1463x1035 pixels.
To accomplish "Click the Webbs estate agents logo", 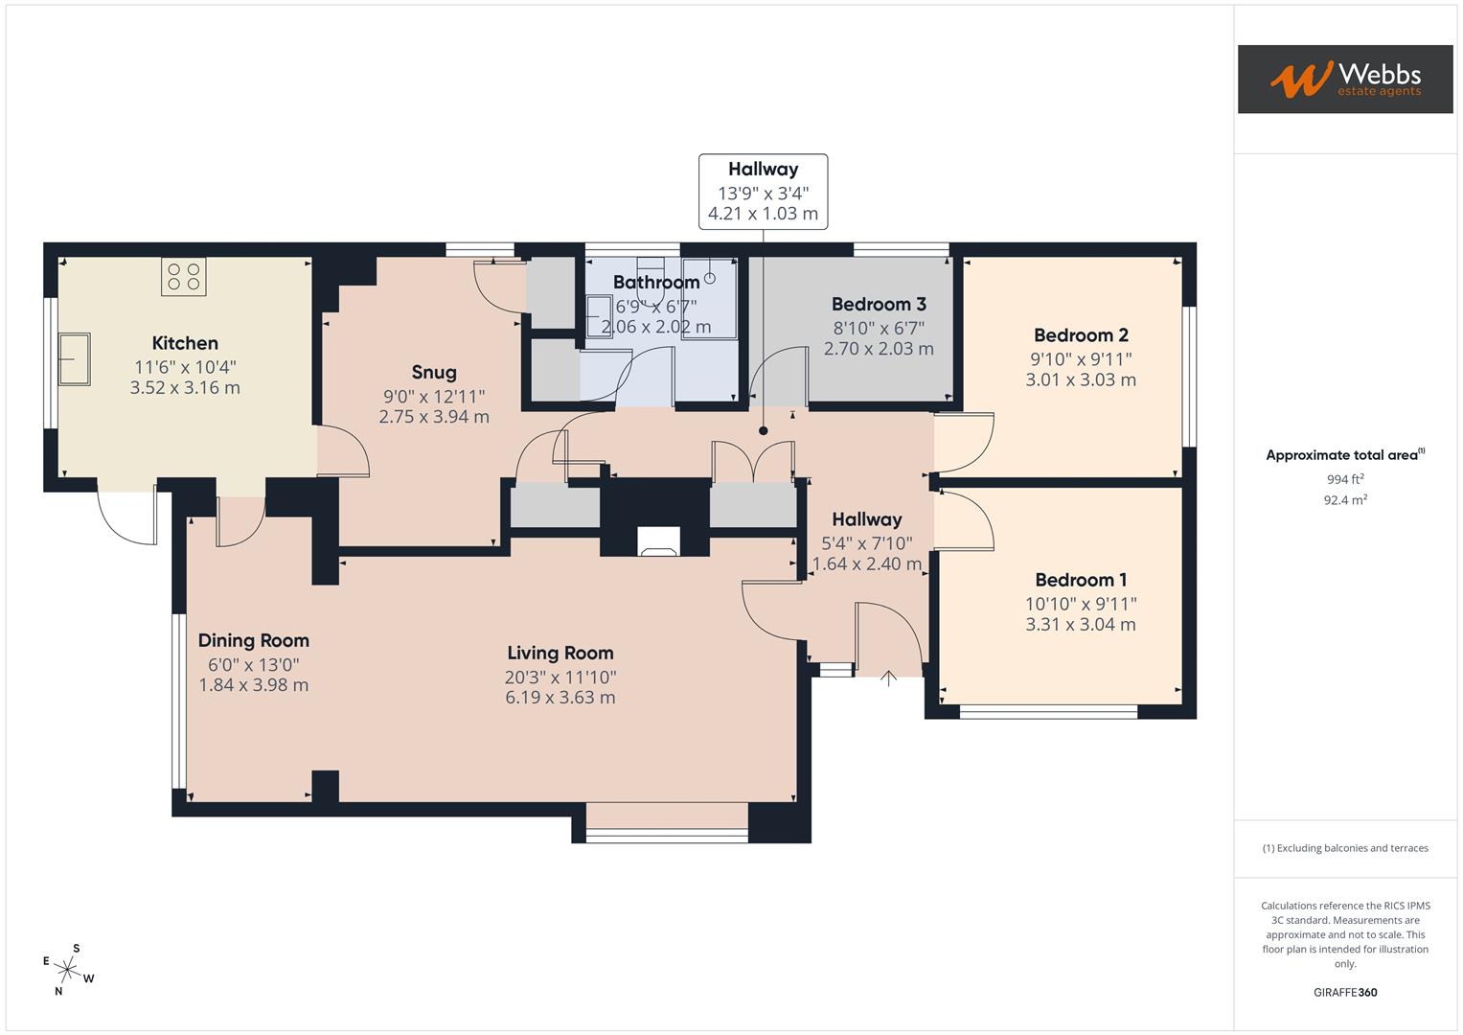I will [x=1344, y=79].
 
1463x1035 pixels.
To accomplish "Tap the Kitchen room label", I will [x=185, y=343].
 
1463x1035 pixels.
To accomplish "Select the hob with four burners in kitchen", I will [x=184, y=277].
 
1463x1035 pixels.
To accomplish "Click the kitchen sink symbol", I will [x=75, y=358].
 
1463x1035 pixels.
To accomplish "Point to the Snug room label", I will [x=434, y=372].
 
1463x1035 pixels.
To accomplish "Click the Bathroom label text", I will [x=656, y=282].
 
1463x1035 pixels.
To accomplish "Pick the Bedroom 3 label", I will [x=879, y=304].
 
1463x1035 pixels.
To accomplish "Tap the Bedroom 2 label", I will [x=1081, y=334].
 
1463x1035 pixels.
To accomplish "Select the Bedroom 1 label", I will [x=1081, y=580].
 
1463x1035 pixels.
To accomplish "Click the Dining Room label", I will [x=254, y=640].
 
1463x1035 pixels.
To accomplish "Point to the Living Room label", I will [x=560, y=653].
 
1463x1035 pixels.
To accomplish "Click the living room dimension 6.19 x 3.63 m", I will [x=560, y=697].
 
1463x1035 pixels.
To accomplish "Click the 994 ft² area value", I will [x=1344, y=479].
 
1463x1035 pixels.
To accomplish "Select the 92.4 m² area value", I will [x=1344, y=499].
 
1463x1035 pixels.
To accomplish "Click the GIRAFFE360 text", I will [x=1344, y=992].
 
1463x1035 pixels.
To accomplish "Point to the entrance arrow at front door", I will [x=888, y=678].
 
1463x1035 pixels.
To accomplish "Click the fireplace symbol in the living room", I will [x=657, y=542].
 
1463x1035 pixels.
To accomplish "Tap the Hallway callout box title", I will [x=763, y=169].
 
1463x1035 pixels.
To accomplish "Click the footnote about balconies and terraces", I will [x=1344, y=848].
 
